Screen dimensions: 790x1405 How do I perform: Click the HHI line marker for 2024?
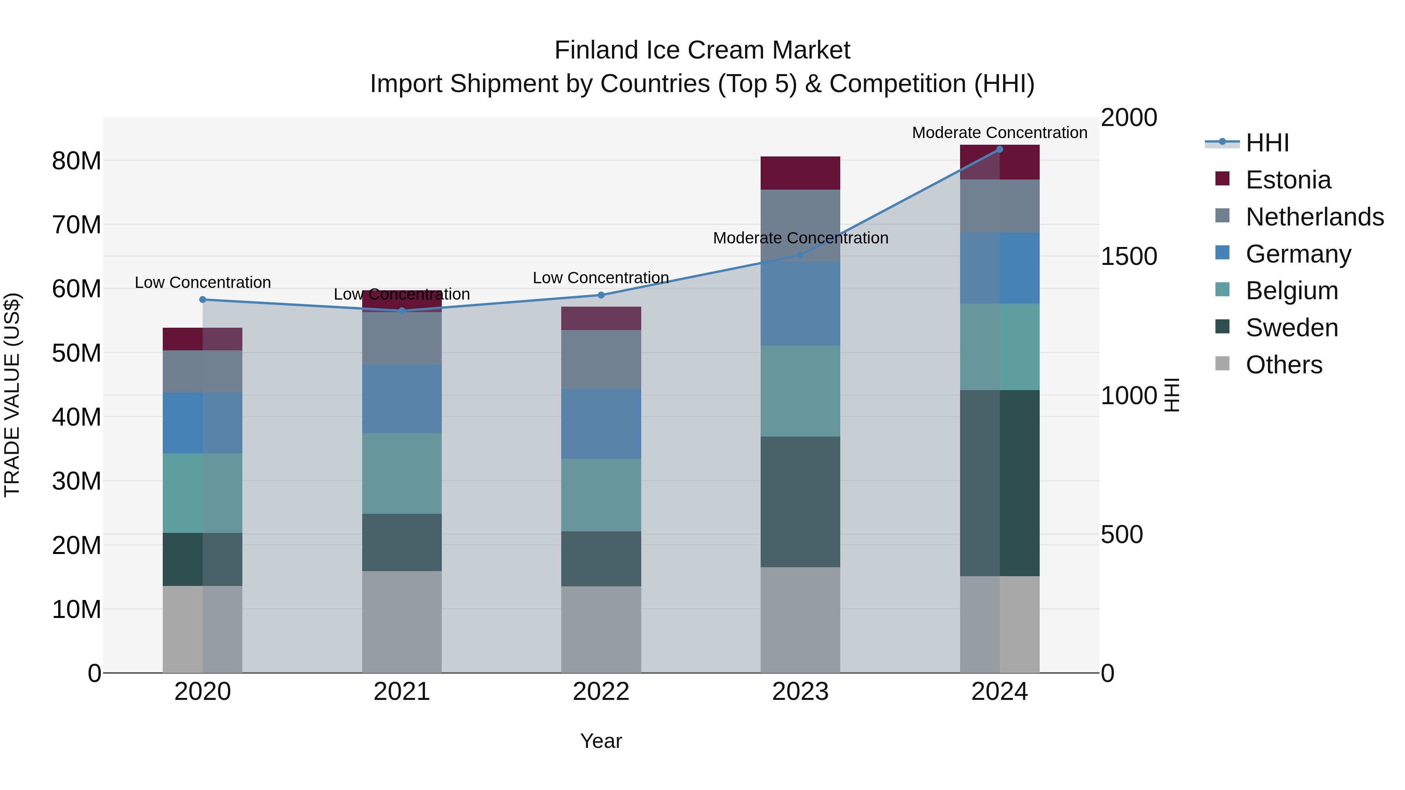(x=999, y=149)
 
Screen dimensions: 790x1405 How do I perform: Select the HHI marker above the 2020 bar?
(x=202, y=299)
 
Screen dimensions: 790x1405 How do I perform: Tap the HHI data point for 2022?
(x=601, y=295)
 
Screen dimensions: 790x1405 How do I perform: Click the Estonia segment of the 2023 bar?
(x=800, y=173)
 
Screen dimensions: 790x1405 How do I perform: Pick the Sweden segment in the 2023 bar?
(x=800, y=502)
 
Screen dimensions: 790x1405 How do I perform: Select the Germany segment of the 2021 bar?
(x=402, y=399)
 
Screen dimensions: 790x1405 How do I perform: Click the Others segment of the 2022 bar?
(x=601, y=629)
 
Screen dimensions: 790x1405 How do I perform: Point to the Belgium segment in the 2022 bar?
(x=601, y=495)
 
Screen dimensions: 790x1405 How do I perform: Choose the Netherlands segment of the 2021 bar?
(x=402, y=338)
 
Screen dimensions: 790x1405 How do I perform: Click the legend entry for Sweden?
(x=1291, y=328)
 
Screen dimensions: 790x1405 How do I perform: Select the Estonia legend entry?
(x=1288, y=180)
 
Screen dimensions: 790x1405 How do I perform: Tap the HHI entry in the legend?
(x=1267, y=143)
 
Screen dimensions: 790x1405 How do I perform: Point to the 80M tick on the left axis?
(x=76, y=161)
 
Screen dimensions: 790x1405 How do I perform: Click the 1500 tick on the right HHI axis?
(x=1128, y=256)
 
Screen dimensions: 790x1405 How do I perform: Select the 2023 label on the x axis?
(x=800, y=692)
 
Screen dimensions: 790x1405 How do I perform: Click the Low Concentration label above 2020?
(x=202, y=282)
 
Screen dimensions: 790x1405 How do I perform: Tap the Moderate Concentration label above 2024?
(x=999, y=133)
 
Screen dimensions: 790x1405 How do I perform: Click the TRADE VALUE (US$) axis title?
(x=12, y=395)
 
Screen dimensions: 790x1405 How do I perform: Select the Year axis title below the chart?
(x=601, y=741)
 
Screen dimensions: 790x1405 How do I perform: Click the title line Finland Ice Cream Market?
(x=702, y=50)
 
